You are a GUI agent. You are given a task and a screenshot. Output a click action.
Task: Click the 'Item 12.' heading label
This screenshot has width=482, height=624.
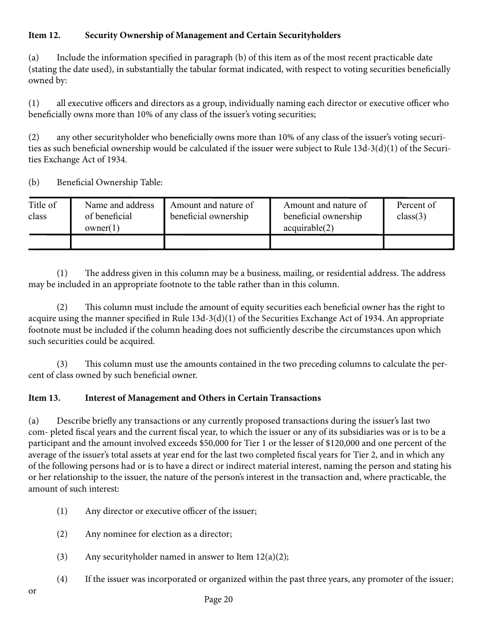click(x=44, y=36)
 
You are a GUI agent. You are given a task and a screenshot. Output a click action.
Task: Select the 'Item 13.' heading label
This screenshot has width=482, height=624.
click(x=44, y=398)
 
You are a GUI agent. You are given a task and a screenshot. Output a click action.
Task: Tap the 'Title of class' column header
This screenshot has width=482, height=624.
click(x=43, y=211)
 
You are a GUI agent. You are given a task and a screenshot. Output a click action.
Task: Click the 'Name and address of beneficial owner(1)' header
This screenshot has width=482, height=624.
click(x=119, y=216)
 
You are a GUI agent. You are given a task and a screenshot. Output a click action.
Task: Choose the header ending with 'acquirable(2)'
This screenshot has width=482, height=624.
click(x=325, y=216)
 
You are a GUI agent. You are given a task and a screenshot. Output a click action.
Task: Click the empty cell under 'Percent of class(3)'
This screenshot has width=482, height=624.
click(x=418, y=242)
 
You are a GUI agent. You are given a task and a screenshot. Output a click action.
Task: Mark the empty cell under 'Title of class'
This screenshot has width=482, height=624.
click(x=49, y=242)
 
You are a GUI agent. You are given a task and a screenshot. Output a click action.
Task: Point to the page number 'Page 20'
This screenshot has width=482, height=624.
click(x=218, y=600)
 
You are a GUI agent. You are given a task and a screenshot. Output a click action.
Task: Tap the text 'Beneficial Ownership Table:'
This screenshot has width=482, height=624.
click(x=110, y=183)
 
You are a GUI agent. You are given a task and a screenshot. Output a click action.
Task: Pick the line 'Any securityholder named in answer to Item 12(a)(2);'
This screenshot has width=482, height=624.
click(x=187, y=557)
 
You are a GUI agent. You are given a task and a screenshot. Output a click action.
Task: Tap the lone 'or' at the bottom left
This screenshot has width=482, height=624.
click(x=32, y=591)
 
